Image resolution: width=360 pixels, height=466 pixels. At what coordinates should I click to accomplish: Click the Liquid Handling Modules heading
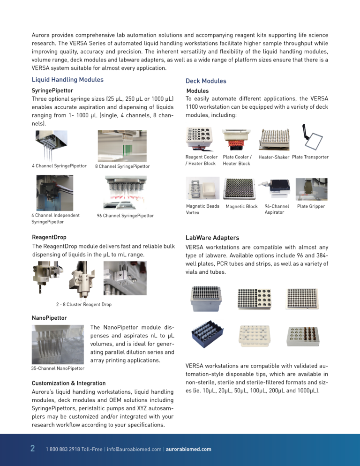(x=67, y=80)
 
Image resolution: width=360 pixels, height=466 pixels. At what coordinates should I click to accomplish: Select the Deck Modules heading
(x=206, y=81)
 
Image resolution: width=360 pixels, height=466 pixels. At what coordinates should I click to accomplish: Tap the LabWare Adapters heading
(x=212, y=238)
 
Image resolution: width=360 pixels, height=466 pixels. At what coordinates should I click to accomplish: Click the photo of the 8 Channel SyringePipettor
(x=122, y=146)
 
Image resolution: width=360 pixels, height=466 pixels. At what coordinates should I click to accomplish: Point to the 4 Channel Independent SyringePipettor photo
(x=54, y=193)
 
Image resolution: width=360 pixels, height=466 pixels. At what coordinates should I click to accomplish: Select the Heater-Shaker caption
(x=273, y=157)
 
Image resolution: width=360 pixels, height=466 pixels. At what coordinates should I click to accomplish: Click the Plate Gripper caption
(x=311, y=206)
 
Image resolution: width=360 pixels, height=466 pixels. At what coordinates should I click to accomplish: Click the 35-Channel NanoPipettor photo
(x=57, y=345)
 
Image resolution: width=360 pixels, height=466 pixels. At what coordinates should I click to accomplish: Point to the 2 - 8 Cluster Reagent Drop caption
(x=83, y=305)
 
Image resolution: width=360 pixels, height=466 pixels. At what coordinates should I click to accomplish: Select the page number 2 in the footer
(x=32, y=448)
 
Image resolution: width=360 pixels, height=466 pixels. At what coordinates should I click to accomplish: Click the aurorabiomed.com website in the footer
(x=188, y=449)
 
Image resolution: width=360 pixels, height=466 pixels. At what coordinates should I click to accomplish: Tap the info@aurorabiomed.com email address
(x=134, y=449)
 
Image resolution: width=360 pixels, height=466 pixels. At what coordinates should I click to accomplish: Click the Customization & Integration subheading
(x=68, y=383)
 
